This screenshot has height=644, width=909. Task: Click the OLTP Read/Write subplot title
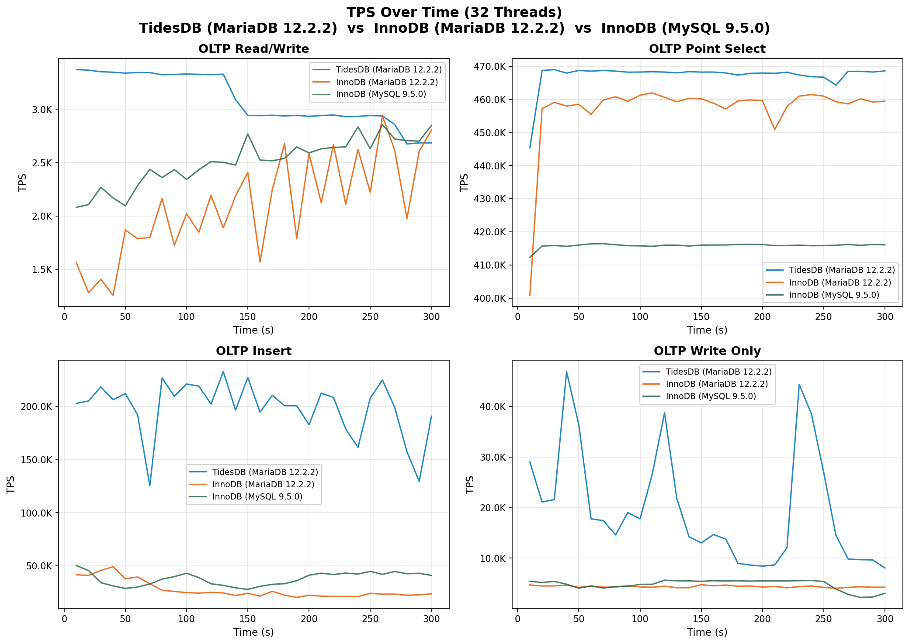(x=253, y=49)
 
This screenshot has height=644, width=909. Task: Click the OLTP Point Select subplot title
(x=707, y=49)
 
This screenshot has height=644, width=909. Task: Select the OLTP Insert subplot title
(x=253, y=351)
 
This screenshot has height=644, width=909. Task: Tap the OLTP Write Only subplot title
(x=707, y=351)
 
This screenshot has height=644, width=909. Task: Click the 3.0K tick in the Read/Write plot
(x=42, y=110)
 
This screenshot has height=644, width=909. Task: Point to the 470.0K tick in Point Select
(x=491, y=67)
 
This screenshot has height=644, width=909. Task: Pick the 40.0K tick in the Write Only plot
(x=493, y=407)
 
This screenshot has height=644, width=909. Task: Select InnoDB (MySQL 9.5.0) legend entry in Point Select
(x=834, y=295)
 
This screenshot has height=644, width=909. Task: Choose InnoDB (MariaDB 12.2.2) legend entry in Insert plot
(x=263, y=484)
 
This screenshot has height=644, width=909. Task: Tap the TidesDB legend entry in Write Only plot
(x=718, y=372)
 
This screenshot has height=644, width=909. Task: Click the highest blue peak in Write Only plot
(x=566, y=372)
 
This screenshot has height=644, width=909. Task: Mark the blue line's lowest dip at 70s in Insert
(x=150, y=486)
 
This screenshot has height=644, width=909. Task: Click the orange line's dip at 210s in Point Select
(x=774, y=130)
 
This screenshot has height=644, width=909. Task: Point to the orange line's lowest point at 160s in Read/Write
(x=260, y=262)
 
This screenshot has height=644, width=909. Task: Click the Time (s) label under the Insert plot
(x=253, y=632)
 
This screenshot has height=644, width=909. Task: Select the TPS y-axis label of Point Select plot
(x=464, y=183)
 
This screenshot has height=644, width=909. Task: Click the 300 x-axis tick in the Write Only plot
(x=885, y=619)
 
